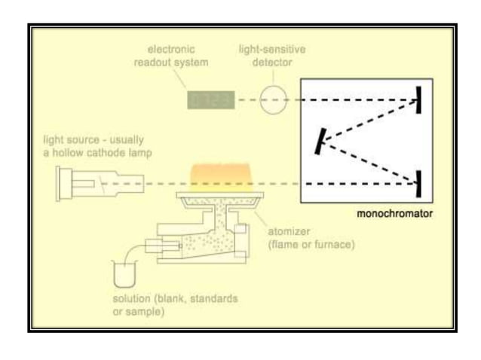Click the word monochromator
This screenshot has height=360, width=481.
click(x=396, y=214)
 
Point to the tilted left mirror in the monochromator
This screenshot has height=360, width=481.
click(x=322, y=139)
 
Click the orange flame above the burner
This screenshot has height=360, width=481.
click(x=222, y=176)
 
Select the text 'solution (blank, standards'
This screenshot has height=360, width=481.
click(x=173, y=299)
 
